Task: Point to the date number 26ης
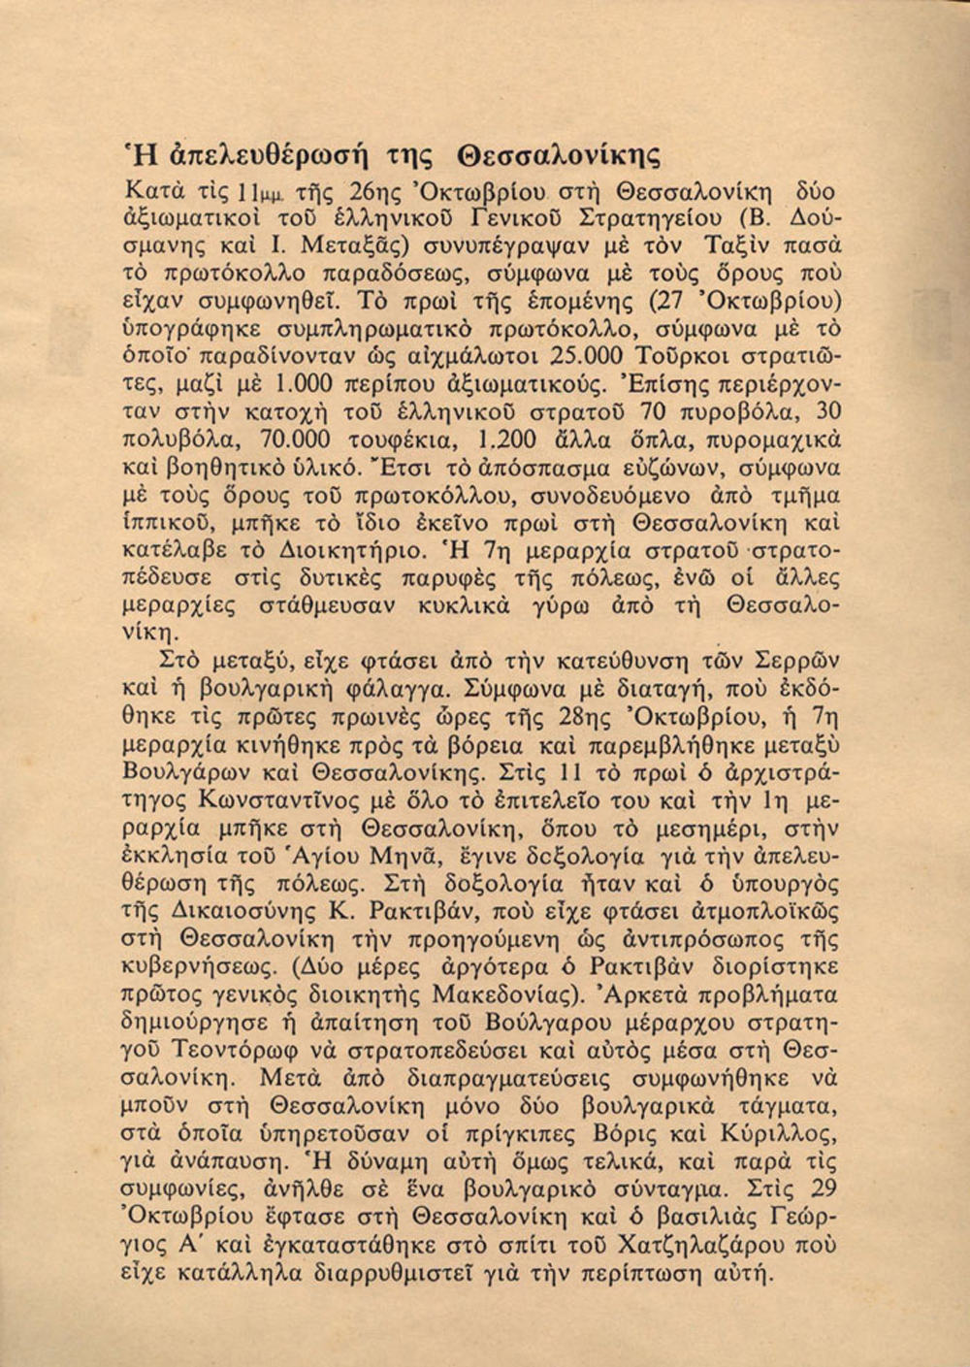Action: [x=346, y=191]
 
